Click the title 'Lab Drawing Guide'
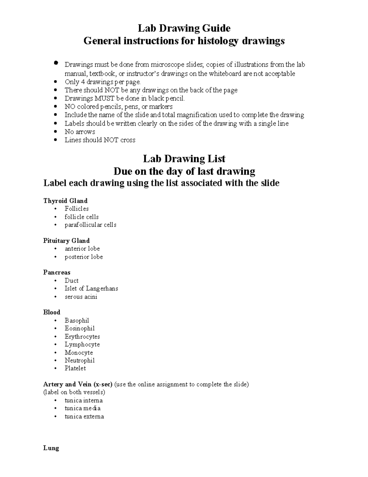click(x=184, y=28)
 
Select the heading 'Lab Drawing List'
click(x=184, y=159)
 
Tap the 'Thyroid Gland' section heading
click(x=65, y=201)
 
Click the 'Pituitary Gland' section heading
click(x=66, y=241)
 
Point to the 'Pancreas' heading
click(x=57, y=272)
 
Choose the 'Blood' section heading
click(x=52, y=312)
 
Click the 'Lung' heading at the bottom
click(x=51, y=448)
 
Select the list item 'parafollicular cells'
click(x=90, y=225)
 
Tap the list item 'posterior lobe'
click(x=84, y=257)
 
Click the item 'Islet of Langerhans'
click(x=91, y=288)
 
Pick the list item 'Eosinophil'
click(x=79, y=328)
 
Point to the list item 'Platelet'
click(x=75, y=368)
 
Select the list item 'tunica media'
click(x=82, y=408)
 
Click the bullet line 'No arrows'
click(x=80, y=132)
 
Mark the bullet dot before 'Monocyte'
click(x=55, y=353)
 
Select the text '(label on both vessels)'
click(x=74, y=392)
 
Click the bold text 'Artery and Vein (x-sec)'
click(x=78, y=384)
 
